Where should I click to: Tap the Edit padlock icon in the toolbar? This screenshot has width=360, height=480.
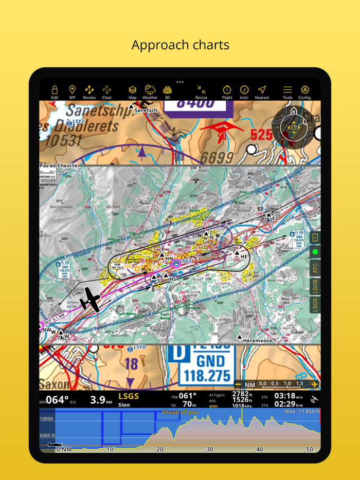(55, 91)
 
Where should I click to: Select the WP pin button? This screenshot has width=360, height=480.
(72, 91)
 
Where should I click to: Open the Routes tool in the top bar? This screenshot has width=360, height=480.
(89, 91)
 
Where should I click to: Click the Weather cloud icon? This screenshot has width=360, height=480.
(150, 91)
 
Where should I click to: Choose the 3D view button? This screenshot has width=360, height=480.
(167, 91)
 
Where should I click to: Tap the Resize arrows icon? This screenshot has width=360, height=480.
(201, 91)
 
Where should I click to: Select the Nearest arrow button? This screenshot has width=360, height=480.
(262, 91)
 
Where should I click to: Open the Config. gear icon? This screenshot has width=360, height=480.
(305, 91)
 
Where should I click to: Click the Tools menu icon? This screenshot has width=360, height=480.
(287, 91)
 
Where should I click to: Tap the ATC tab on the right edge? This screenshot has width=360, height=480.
(315, 268)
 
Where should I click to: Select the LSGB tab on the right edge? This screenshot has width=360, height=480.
(315, 286)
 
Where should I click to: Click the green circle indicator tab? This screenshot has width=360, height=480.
(315, 252)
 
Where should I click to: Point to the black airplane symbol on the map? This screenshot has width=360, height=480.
(89, 299)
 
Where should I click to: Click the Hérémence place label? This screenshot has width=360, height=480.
(257, 341)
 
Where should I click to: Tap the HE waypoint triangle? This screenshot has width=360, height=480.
(237, 253)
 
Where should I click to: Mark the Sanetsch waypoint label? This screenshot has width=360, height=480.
(146, 110)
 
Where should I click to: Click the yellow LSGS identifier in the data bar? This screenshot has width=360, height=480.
(129, 396)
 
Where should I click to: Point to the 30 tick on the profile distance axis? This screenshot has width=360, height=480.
(209, 449)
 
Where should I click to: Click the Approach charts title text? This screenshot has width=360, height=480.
(180, 45)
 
